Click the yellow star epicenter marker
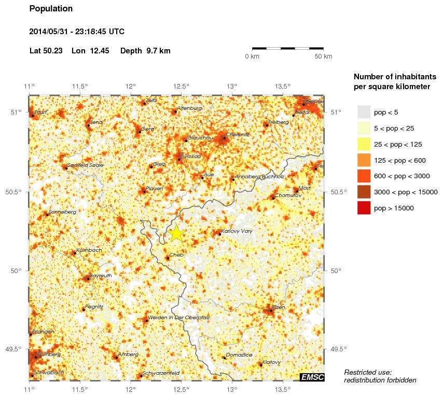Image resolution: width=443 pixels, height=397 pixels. pos(176,233)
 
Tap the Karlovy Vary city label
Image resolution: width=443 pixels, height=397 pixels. pos(237,231)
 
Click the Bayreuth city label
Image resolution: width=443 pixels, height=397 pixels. pos(101,276)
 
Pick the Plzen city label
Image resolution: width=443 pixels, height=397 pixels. pos(279,307)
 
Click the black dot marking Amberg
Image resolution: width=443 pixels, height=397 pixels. pos(116,357)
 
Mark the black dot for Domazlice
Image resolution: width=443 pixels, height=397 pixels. pos(224,358)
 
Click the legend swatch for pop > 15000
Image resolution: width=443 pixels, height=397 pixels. pos(364,208)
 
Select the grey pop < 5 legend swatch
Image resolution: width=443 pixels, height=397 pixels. pos(364,112)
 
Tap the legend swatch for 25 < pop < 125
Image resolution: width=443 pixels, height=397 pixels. pos(364,144)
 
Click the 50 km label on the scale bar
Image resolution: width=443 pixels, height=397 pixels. pos(323,56)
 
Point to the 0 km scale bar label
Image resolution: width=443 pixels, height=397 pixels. pos(252,56)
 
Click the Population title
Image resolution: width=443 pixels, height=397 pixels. pos(51,9)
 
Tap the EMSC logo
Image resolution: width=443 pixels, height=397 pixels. pos(312,377)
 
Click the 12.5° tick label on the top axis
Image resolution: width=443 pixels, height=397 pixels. pos(181,87)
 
